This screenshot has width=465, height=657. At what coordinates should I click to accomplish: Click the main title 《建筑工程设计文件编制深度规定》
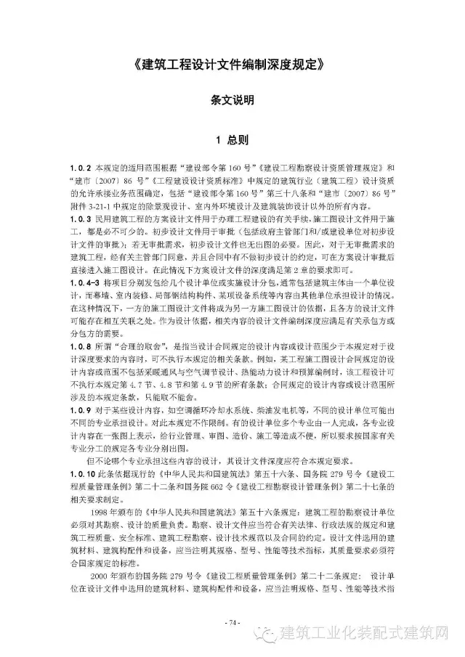pos(232,63)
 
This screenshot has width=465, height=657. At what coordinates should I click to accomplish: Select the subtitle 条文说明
pos(232,100)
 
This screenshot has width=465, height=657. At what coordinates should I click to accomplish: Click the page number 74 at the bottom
pos(232,622)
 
